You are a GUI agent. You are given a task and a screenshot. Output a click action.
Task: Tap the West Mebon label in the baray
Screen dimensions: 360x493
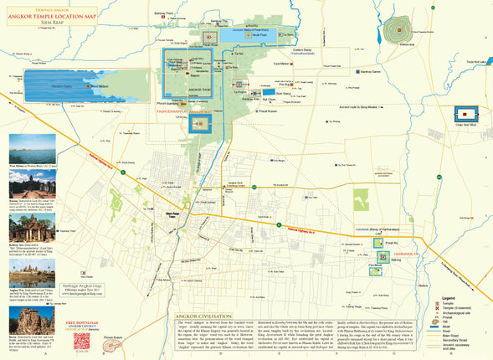tap(98, 85)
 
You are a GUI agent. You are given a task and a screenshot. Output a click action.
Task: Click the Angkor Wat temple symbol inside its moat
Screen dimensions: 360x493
tap(201, 125)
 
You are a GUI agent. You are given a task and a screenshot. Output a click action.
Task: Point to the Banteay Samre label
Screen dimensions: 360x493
tap(371, 73)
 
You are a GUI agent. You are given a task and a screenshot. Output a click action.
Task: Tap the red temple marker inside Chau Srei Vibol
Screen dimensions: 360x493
tap(464, 111)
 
